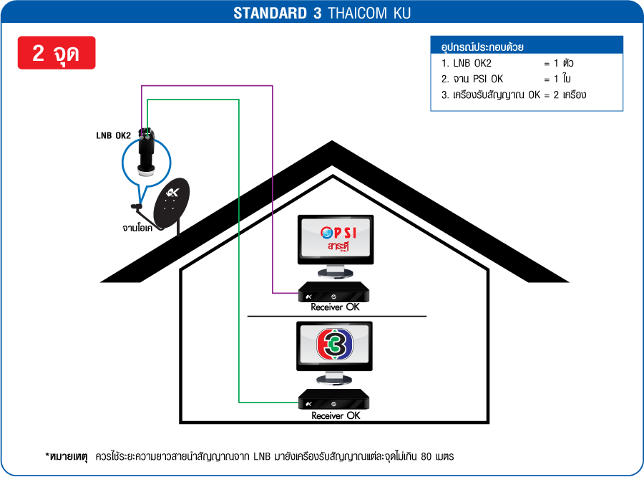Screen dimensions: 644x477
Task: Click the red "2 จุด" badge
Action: (57, 52)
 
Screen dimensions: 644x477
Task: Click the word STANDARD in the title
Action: (270, 13)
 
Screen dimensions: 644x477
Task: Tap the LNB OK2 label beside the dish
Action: (113, 135)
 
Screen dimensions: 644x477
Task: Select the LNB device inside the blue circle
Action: (146, 152)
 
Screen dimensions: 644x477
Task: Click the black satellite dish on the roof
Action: (171, 203)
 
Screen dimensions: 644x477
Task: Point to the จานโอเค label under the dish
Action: (137, 228)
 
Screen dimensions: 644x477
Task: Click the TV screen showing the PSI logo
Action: (336, 238)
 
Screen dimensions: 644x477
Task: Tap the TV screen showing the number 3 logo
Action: (335, 344)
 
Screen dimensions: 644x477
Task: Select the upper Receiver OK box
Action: (333, 292)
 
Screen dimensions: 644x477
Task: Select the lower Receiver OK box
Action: (333, 399)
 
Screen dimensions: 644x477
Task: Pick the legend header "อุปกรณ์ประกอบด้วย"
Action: (482, 47)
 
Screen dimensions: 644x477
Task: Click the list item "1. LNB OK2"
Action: (466, 63)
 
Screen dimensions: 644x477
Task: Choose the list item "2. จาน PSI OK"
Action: (472, 79)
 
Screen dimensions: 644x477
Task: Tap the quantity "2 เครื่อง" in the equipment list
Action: (570, 95)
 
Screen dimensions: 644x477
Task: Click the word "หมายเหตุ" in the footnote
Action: (69, 456)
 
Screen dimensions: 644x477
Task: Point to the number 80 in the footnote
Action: (426, 456)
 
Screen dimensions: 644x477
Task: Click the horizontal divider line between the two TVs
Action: (337, 317)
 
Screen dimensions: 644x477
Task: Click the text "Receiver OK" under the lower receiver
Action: (336, 415)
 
